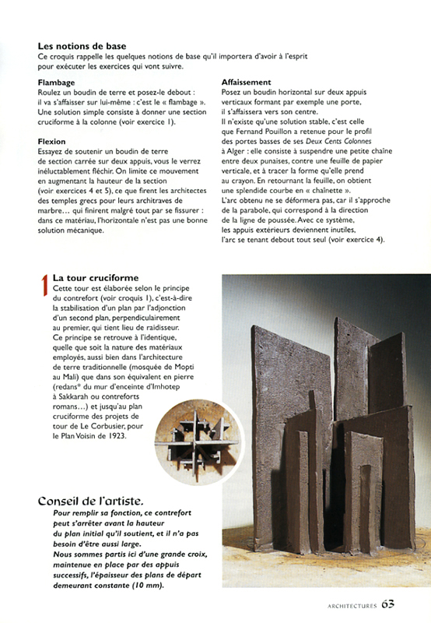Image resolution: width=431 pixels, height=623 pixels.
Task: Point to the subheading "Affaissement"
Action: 246,82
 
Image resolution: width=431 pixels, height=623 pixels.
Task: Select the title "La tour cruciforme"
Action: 96,278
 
